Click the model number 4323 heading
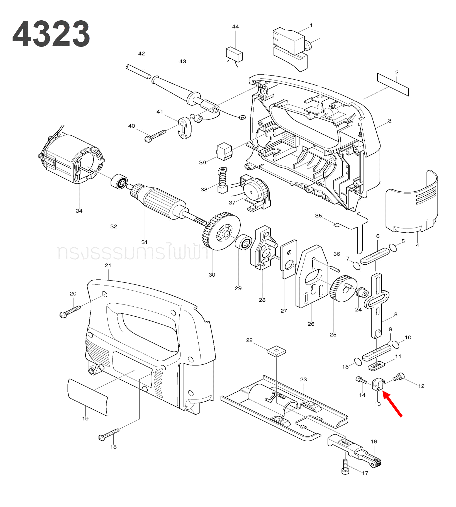(51, 34)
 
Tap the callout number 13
(377, 404)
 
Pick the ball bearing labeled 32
(119, 182)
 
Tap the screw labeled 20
(70, 311)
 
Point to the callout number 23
(303, 379)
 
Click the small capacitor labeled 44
(234, 54)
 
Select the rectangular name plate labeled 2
(393, 84)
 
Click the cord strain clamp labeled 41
(185, 128)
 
